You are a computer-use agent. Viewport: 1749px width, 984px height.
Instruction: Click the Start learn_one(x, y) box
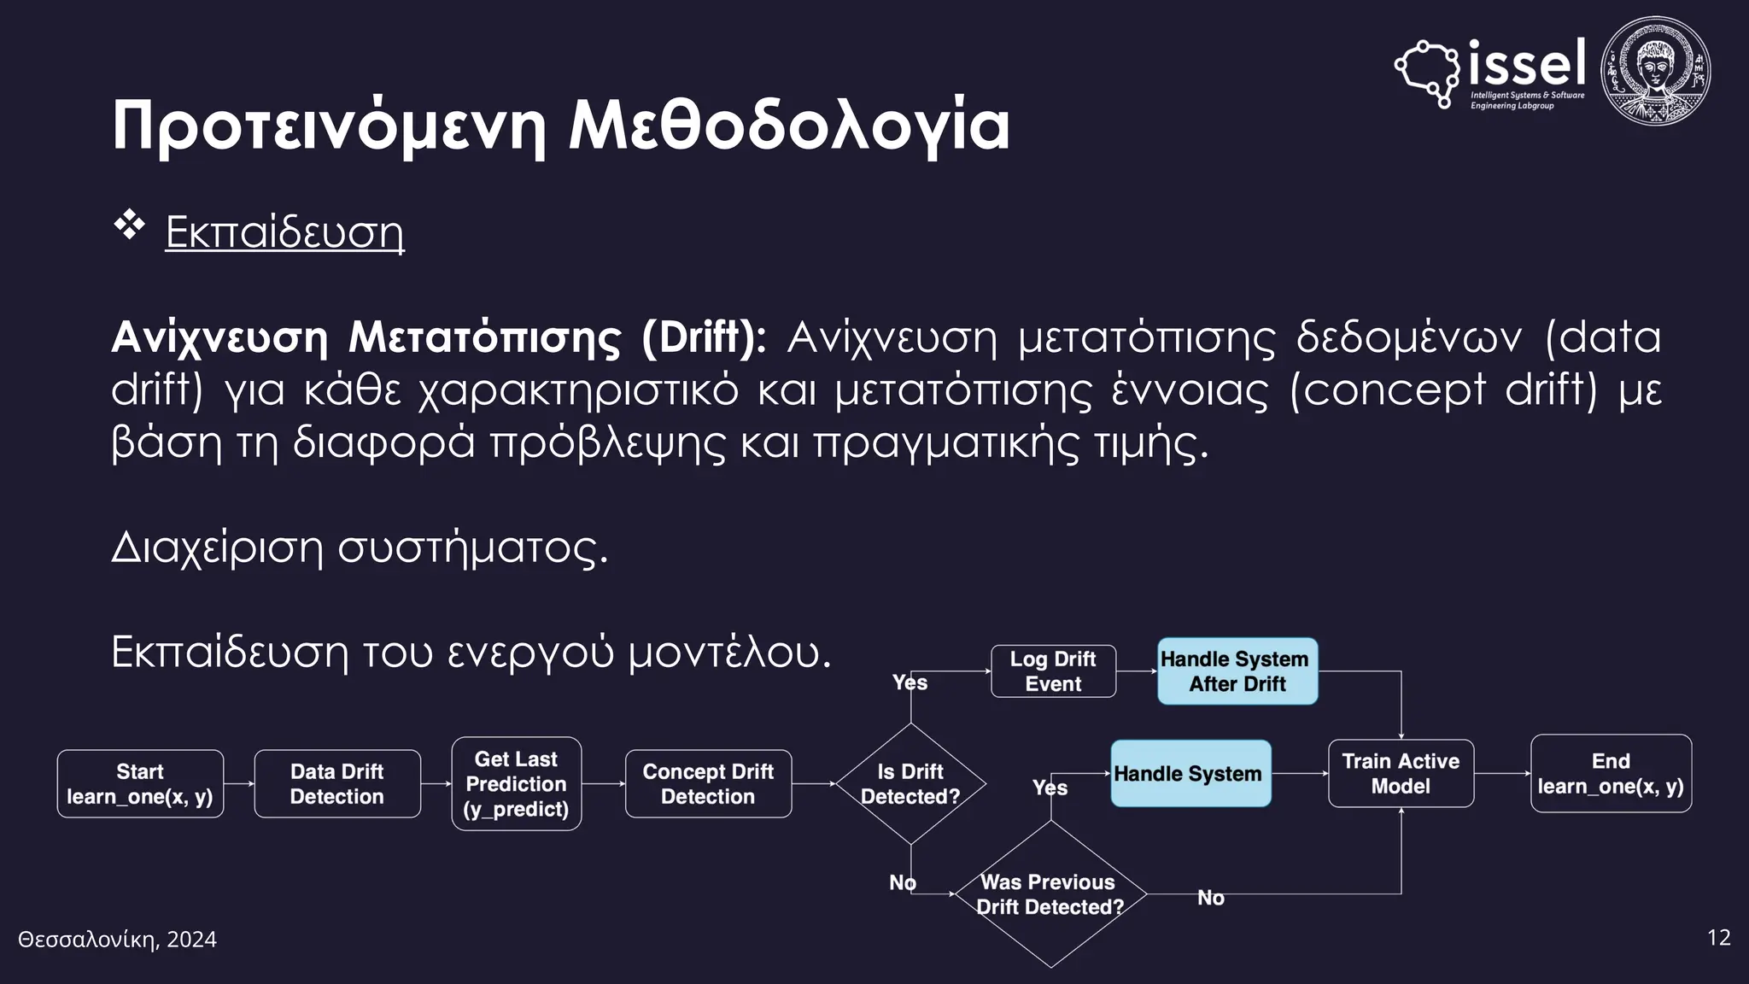(140, 784)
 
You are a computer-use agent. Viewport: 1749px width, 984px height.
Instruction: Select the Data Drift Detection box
(337, 784)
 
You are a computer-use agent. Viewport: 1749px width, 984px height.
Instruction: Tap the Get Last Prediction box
(517, 784)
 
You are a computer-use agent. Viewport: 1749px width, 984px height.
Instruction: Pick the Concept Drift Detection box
(708, 784)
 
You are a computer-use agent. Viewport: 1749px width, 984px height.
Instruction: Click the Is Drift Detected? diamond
(910, 784)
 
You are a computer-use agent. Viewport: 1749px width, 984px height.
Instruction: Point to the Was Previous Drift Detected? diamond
(1050, 894)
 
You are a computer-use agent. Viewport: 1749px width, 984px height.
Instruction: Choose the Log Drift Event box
(1053, 671)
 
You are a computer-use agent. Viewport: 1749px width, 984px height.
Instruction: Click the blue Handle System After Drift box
(1237, 671)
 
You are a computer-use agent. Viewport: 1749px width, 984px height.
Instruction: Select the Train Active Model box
(1401, 774)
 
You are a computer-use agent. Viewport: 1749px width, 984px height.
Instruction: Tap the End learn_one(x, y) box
(1611, 774)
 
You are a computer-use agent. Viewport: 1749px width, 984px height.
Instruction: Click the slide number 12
(1718, 938)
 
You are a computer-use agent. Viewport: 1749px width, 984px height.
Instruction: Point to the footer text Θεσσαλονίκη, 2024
(118, 940)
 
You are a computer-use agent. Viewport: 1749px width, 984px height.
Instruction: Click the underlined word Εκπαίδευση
(284, 231)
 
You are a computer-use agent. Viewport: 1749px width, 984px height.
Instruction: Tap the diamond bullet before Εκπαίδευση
(130, 225)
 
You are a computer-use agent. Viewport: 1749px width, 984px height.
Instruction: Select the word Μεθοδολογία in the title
(789, 126)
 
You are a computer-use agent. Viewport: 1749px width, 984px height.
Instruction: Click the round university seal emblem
(1655, 72)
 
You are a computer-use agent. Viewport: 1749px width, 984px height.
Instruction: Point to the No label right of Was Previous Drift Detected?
(1210, 898)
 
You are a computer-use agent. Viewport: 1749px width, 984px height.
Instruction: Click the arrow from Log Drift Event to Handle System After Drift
(1137, 671)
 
